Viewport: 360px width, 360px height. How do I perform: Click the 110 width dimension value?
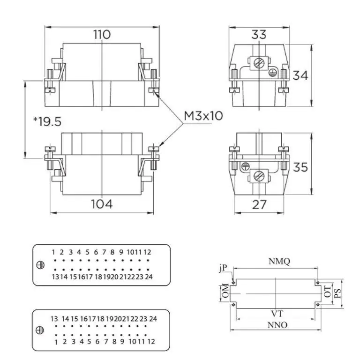tap(102, 34)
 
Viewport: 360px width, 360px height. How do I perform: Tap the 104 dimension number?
tap(102, 204)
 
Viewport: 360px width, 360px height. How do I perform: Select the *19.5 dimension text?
tap(47, 121)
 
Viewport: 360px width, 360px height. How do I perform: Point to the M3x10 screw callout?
tap(203, 116)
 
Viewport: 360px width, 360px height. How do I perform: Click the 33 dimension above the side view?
tap(259, 34)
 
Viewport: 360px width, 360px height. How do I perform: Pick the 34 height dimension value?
tap(300, 75)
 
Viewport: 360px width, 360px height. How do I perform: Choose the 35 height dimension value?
tap(300, 167)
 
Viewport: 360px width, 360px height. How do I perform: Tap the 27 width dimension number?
tap(259, 204)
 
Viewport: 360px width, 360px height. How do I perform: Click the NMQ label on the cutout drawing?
tap(279, 261)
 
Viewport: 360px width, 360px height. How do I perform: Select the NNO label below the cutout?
tap(277, 325)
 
